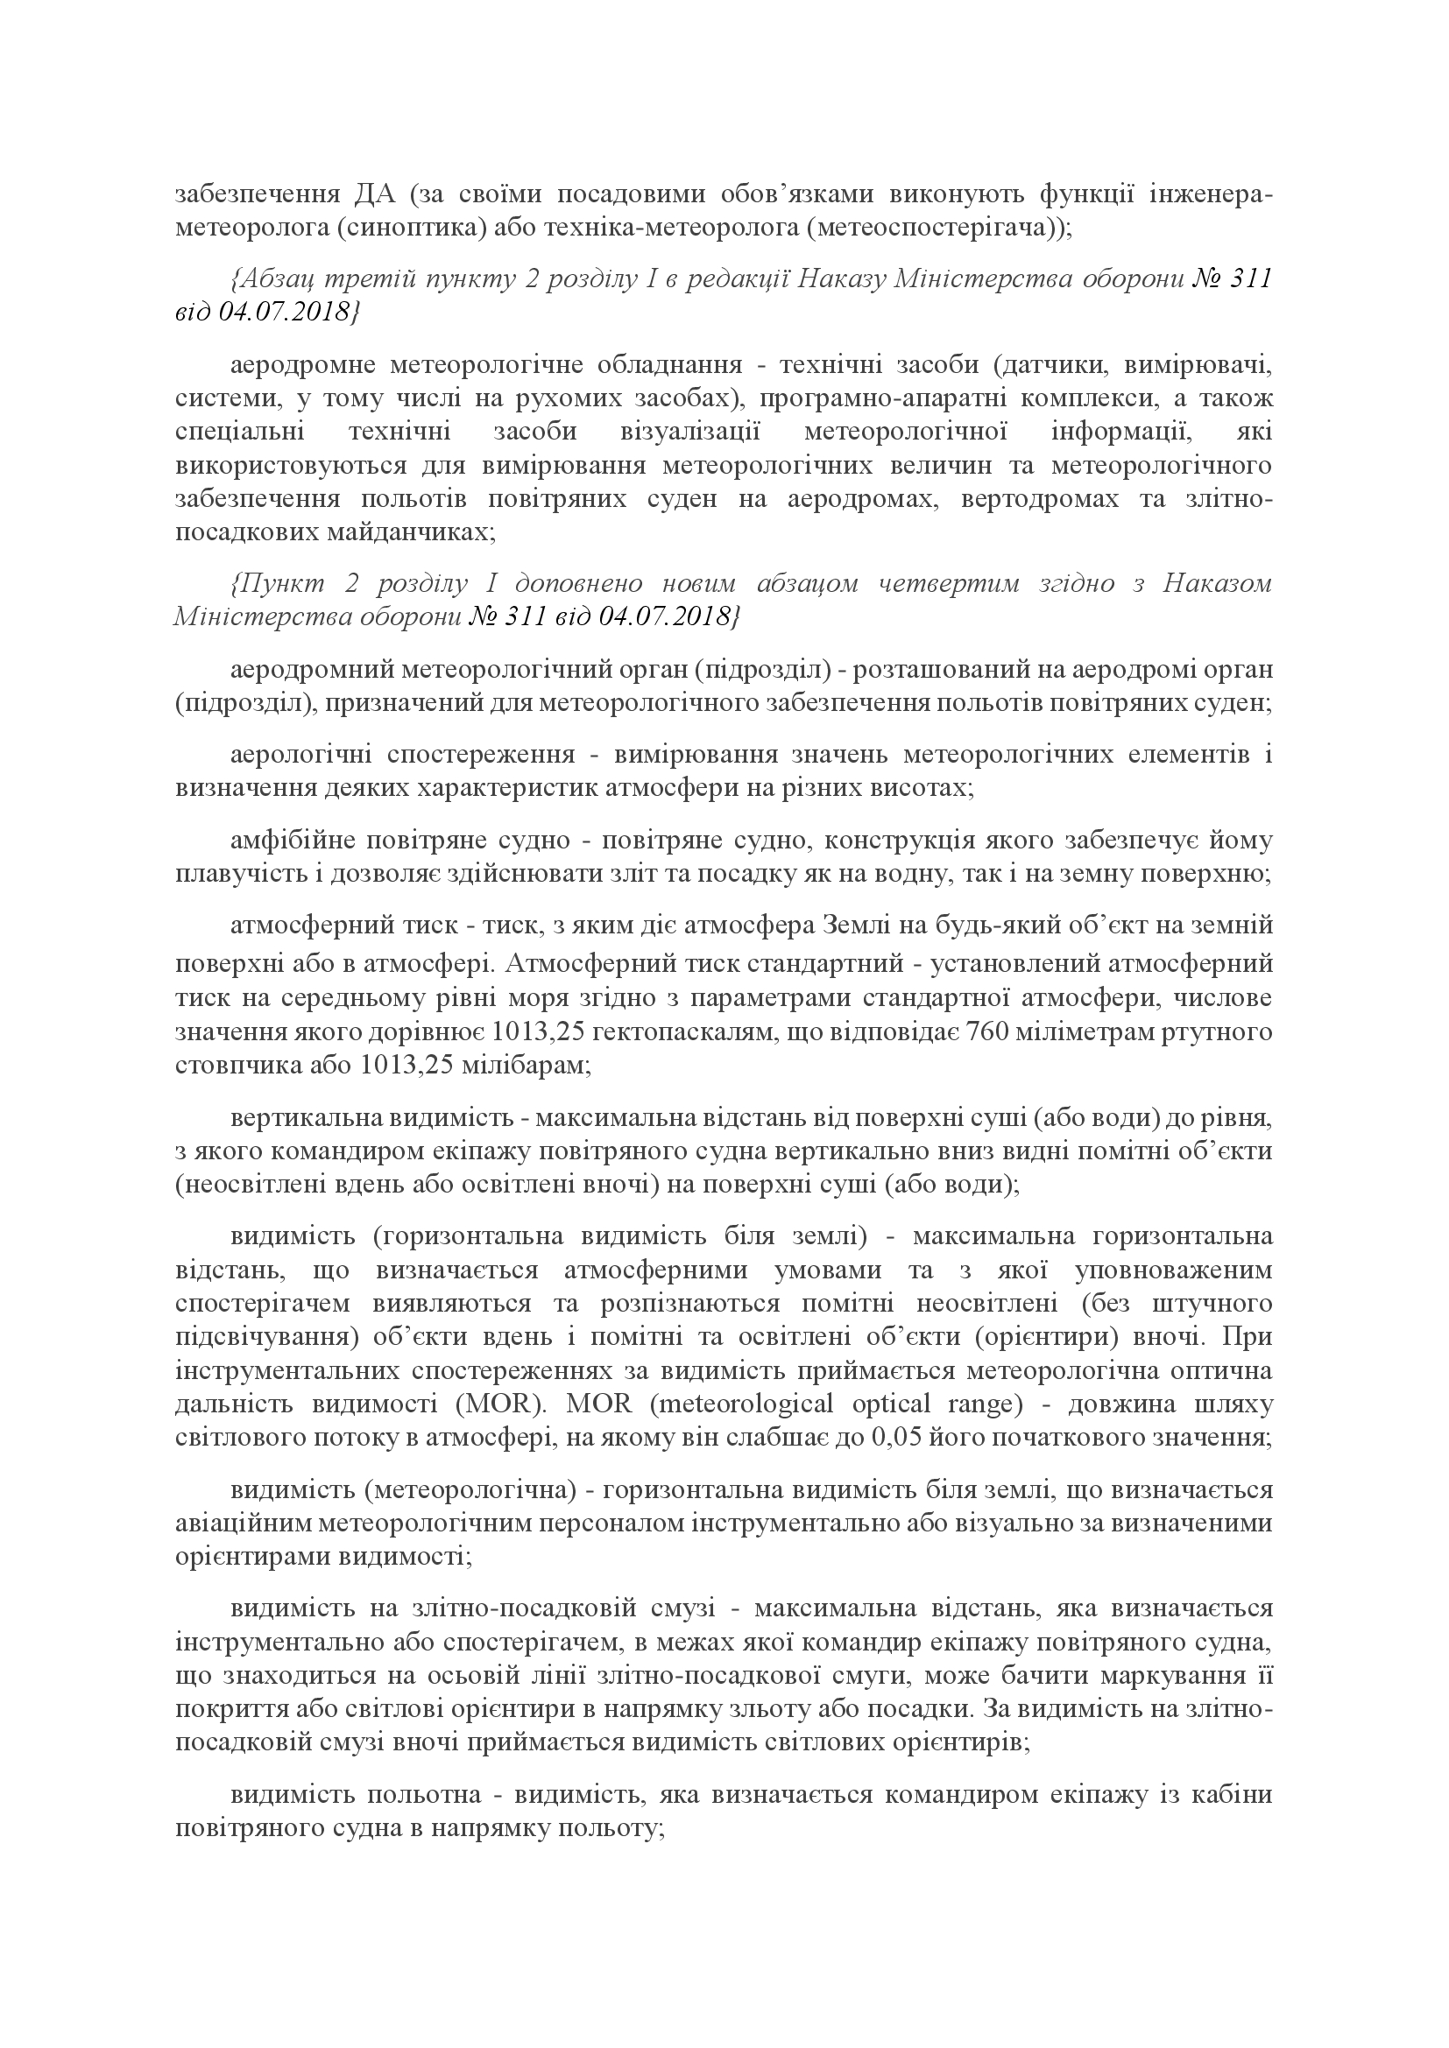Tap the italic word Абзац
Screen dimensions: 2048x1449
(268, 279)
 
